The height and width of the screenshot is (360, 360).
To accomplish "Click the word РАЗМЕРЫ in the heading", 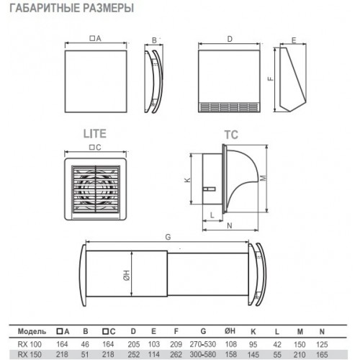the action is click(x=108, y=8).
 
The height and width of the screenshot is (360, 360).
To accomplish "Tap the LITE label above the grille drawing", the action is click(x=95, y=134).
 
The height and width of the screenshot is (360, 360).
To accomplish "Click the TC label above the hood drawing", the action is click(x=231, y=135).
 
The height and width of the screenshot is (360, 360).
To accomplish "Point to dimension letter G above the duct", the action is click(x=168, y=237).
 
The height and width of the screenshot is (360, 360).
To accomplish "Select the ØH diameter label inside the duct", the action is click(x=127, y=275).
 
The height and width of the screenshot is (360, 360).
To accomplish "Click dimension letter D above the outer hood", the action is click(x=230, y=39).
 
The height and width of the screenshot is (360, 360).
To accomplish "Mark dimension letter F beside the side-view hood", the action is click(x=271, y=78).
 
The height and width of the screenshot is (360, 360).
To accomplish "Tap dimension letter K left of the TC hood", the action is click(x=187, y=179).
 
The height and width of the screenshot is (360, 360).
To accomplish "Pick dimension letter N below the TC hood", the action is click(x=230, y=225).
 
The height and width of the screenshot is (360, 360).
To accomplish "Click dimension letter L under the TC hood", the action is click(x=212, y=215).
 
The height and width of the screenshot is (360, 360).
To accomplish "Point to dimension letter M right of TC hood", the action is click(x=264, y=178).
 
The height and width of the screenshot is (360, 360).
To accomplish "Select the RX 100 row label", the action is click(x=30, y=344).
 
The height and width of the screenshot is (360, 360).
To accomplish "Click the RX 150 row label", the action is click(x=30, y=354).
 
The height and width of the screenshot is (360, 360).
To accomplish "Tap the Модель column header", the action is click(x=32, y=331).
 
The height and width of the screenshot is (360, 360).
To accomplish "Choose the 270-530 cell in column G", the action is click(x=203, y=344).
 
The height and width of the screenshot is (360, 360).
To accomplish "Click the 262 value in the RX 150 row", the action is click(x=176, y=354).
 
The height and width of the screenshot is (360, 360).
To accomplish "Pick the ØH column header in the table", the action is click(x=230, y=331).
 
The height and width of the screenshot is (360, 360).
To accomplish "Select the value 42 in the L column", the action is click(x=277, y=344).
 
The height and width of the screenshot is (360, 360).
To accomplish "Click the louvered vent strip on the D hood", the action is click(x=229, y=107).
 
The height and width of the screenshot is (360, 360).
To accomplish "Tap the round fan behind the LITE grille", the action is click(x=96, y=189).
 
